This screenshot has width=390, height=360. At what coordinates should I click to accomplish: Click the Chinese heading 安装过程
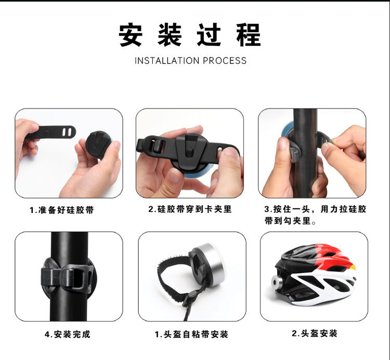point(190,34)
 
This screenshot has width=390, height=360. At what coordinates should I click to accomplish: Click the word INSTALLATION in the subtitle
point(167,61)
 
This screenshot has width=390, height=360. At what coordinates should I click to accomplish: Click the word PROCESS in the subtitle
point(225,61)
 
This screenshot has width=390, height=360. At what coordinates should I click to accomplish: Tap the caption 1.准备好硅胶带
point(62,210)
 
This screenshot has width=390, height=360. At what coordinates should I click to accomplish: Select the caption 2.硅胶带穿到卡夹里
point(190,209)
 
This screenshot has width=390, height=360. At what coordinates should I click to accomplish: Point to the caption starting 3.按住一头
point(315,215)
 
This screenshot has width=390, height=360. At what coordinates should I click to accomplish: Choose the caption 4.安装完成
point(68,334)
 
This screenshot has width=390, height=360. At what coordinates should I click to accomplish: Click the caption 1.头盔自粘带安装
point(191,334)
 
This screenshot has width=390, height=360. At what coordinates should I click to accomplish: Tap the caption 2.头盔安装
point(315,333)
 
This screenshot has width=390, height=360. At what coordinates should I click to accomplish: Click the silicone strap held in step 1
point(52,131)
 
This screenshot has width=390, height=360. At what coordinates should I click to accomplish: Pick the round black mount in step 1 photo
point(99,144)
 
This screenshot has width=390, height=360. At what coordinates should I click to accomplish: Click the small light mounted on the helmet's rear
point(277,282)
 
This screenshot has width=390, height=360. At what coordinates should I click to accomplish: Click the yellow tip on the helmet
point(353,267)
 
